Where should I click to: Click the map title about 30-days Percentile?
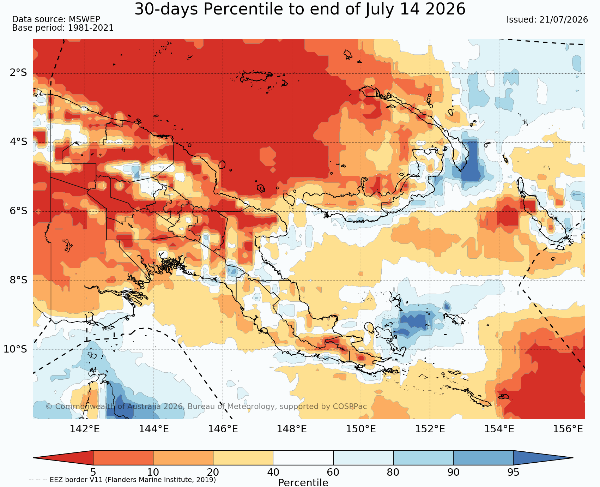pyautogui.click(x=300, y=9)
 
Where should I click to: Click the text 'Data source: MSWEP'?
pyautogui.click(x=56, y=19)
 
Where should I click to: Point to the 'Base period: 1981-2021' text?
pyautogui.click(x=63, y=28)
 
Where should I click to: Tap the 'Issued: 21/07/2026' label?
pyautogui.click(x=547, y=20)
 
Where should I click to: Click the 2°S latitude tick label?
pyautogui.click(x=18, y=73)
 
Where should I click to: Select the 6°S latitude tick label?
pyautogui.click(x=18, y=211)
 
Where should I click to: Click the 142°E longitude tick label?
pyautogui.click(x=85, y=429)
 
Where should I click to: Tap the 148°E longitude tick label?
pyautogui.click(x=292, y=429)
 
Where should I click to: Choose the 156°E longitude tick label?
pyautogui.click(x=568, y=429)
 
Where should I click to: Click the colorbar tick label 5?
pyautogui.click(x=93, y=472)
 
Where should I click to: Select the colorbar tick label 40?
pyautogui.click(x=273, y=472)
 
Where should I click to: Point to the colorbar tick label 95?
pyautogui.click(x=513, y=472)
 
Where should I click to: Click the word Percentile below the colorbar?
pyautogui.click(x=303, y=482)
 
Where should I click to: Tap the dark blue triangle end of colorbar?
pyautogui.click(x=543, y=458)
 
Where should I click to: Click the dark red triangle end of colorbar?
pyautogui.click(x=63, y=458)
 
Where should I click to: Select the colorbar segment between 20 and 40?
pyautogui.click(x=243, y=458)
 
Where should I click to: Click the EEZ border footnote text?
pyautogui.click(x=122, y=480)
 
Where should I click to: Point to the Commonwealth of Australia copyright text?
pyautogui.click(x=206, y=407)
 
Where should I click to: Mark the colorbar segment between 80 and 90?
pyautogui.click(x=423, y=458)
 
